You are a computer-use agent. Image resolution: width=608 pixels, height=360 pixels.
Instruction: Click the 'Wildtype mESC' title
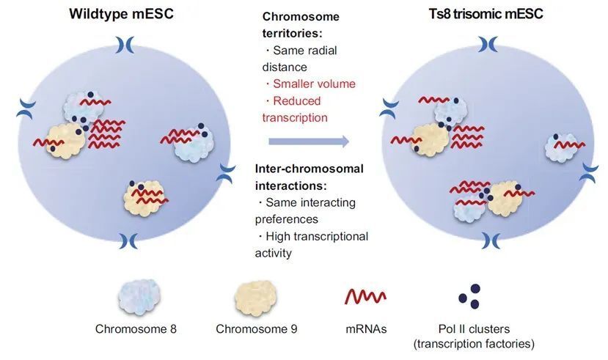coord(121,14)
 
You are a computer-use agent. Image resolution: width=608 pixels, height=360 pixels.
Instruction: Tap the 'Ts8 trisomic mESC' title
coord(486,14)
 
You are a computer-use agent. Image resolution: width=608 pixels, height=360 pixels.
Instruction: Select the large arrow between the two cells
coord(309,142)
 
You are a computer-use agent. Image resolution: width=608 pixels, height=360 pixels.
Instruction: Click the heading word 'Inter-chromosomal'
coord(310,169)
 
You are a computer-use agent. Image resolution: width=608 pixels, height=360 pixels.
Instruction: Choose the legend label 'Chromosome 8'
coord(136,329)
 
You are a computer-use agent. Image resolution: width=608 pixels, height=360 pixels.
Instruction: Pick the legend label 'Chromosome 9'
coord(256,329)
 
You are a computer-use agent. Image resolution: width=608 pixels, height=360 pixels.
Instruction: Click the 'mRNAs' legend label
coord(366,329)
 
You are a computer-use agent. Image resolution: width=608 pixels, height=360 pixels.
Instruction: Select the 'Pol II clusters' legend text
coord(474,329)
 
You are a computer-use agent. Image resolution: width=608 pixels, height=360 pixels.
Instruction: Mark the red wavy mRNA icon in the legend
coord(365,297)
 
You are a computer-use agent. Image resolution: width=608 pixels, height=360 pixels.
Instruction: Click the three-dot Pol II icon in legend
coord(469,296)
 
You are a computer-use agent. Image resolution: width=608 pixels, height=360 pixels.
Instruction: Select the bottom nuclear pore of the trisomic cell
coord(491,240)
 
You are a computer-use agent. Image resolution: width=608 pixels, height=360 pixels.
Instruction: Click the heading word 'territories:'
coord(293,33)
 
